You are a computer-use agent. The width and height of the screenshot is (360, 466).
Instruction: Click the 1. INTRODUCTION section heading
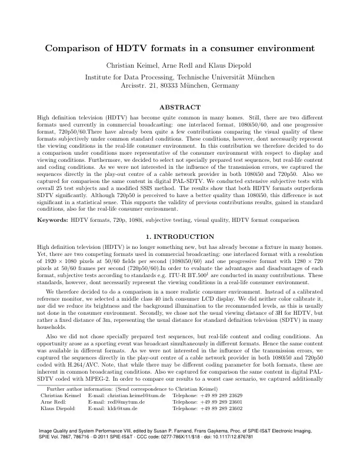click(180, 219)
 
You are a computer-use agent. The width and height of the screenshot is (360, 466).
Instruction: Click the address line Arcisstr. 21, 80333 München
click(180, 85)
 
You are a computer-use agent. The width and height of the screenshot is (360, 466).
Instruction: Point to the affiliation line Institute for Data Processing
click(180, 76)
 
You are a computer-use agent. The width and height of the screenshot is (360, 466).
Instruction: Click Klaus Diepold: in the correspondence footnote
click(56, 408)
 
